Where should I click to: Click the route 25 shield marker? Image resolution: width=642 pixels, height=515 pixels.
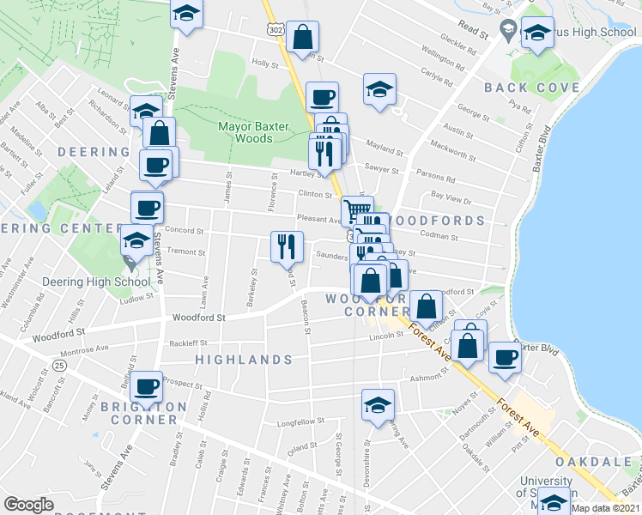click(x=58, y=366)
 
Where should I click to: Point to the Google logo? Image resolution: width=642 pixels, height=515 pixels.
click(x=28, y=505)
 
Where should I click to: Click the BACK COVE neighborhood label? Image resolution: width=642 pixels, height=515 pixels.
click(x=520, y=88)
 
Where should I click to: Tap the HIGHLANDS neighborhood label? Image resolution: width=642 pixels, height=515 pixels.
click(x=243, y=360)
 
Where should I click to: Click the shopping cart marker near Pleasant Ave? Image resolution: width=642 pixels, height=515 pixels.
click(x=358, y=209)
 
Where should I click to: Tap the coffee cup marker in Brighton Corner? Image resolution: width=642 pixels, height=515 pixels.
click(x=148, y=387)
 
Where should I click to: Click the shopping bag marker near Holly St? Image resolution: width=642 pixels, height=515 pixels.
click(x=303, y=37)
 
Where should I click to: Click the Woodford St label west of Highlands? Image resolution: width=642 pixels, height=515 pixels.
click(x=198, y=318)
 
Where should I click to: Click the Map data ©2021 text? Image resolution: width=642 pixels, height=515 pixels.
click(x=606, y=507)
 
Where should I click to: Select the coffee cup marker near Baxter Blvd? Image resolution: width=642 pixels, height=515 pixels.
click(x=505, y=356)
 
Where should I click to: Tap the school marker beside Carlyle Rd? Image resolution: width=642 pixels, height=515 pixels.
click(x=379, y=90)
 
